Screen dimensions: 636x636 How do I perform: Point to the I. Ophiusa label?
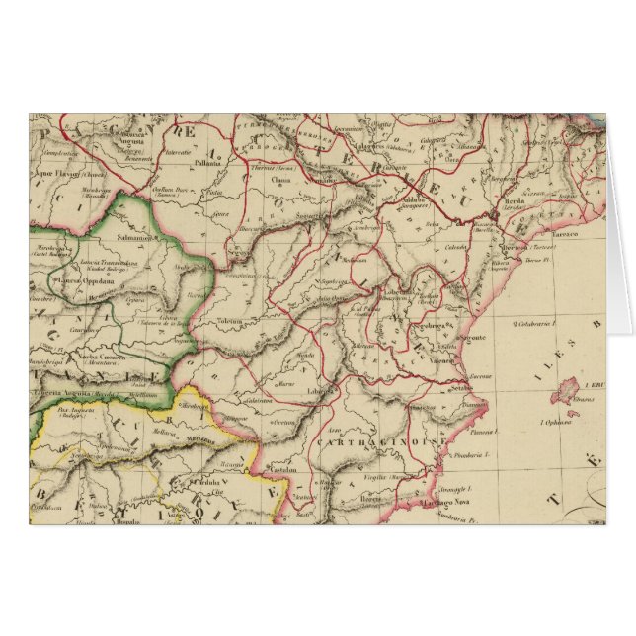(558, 422)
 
